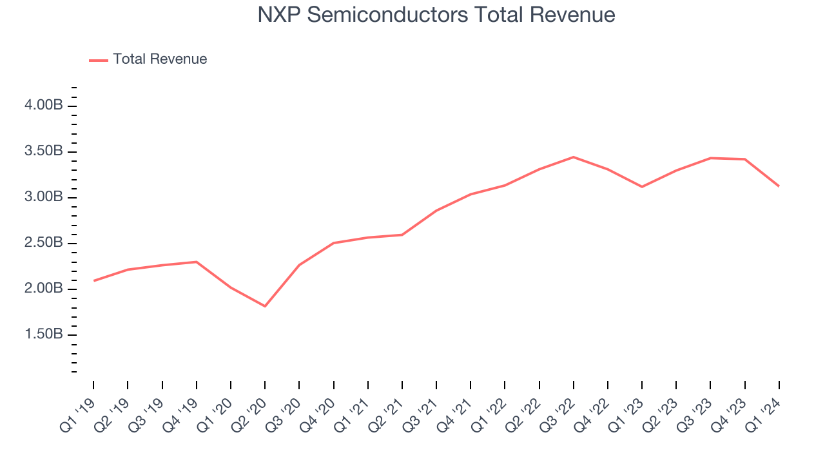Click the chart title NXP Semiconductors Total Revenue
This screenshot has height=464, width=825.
tap(436, 14)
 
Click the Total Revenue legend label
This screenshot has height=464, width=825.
tap(160, 59)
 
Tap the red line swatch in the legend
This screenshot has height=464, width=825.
tap(99, 60)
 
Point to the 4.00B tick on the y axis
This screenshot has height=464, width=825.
tap(44, 106)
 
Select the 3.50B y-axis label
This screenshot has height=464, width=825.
tap(44, 151)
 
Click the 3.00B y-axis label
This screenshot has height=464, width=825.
tap(44, 197)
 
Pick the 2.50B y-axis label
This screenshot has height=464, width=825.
tap(44, 243)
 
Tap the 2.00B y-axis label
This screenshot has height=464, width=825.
tap(44, 289)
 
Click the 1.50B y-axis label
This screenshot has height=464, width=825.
tap(44, 334)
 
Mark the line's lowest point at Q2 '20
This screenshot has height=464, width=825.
tap(265, 306)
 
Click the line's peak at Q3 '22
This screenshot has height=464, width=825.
tap(574, 157)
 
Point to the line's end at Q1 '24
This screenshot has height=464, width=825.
tap(779, 186)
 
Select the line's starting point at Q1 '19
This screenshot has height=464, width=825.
tap(93, 280)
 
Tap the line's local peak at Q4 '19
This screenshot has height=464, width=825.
tap(196, 262)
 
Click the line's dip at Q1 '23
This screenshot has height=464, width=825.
tap(642, 187)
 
